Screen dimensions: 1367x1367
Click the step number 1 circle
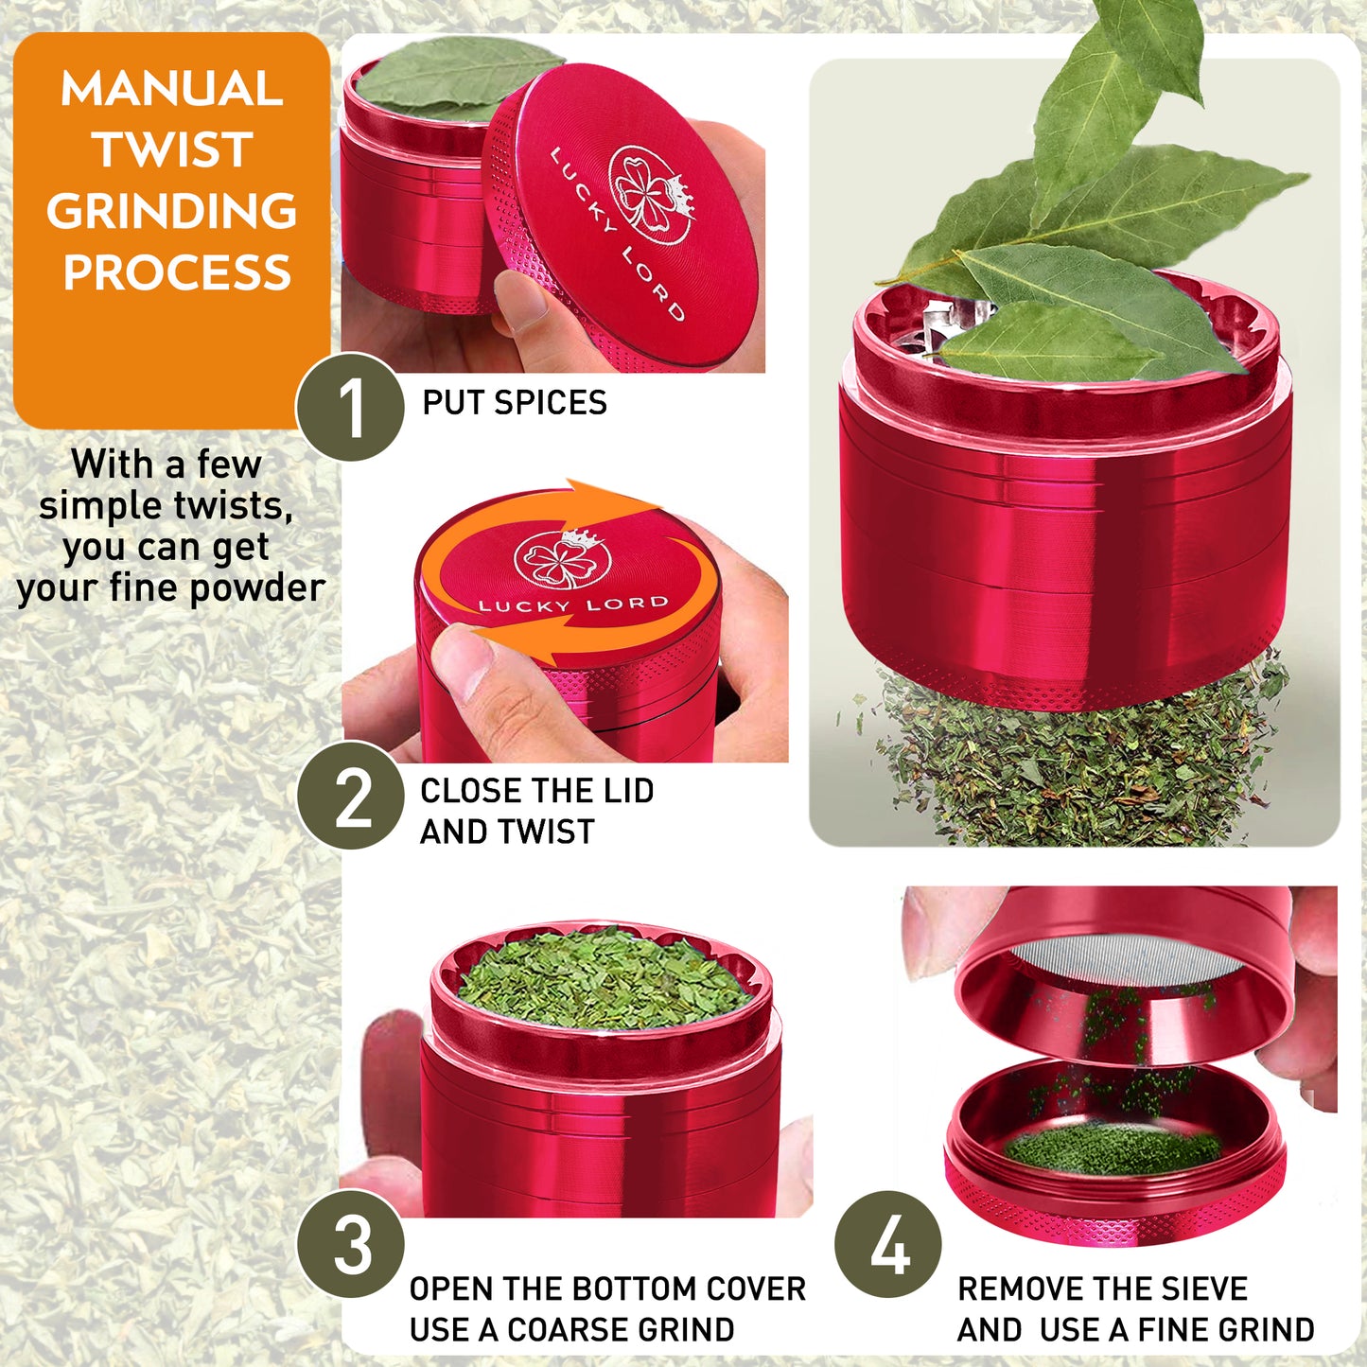[350, 407]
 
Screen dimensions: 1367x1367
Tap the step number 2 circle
[350, 795]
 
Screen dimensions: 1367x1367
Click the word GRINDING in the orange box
[172, 211]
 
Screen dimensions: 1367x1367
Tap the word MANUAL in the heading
[172, 89]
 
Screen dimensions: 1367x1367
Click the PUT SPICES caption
[515, 403]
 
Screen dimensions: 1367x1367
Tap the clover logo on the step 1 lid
[649, 194]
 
